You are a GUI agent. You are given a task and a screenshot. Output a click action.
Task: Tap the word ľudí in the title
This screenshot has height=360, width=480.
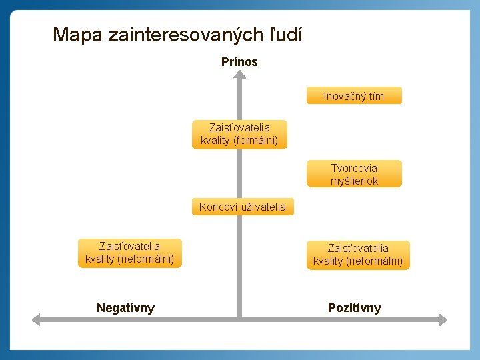[x=286, y=35]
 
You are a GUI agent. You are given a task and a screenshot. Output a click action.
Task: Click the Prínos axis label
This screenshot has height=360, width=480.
[x=239, y=62]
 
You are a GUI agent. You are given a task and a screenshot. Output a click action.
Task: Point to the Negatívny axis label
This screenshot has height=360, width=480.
[x=125, y=308]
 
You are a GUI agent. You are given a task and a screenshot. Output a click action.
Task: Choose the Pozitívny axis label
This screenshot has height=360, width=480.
[x=355, y=308]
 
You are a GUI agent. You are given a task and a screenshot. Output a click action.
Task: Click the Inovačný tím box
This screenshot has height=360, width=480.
[x=354, y=96]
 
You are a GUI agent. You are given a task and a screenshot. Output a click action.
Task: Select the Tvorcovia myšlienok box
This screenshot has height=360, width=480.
[x=354, y=174]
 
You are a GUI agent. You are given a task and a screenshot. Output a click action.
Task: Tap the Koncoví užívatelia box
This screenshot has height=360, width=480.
[x=242, y=207]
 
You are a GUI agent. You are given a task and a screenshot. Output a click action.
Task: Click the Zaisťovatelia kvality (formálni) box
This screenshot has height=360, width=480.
[x=239, y=134]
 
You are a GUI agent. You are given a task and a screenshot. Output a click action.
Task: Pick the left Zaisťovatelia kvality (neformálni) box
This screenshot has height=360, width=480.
[x=129, y=253]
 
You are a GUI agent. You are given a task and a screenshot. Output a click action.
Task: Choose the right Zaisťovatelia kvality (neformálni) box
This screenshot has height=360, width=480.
[x=358, y=255]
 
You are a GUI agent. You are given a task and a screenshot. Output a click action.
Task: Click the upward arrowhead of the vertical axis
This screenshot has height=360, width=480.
[x=239, y=75]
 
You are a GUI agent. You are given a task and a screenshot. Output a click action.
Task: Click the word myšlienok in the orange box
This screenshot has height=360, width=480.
[x=354, y=181]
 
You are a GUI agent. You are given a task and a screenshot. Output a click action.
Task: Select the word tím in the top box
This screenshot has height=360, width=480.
[x=375, y=96]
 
